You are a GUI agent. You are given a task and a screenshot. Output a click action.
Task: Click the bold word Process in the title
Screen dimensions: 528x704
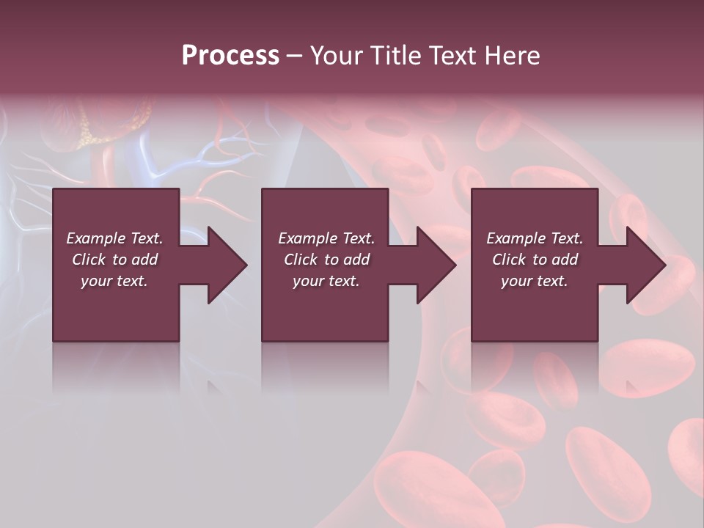coord(230,56)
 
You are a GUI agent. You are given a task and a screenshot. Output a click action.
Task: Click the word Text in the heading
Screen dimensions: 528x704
coord(452,56)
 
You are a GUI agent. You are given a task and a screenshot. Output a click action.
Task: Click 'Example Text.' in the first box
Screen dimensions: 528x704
coord(114,238)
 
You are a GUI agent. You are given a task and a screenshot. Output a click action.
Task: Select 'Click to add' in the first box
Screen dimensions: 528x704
coord(114,260)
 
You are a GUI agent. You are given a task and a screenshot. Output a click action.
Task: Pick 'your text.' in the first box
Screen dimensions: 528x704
coord(114,281)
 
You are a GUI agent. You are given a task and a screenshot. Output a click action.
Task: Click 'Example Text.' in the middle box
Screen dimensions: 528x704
coord(326,238)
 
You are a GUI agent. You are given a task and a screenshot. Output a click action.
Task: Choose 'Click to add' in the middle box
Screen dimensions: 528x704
coord(326,260)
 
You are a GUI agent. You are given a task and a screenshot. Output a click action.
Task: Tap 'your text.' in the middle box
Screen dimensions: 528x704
coord(326,281)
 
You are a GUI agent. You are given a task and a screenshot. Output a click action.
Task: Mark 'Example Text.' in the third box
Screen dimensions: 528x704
coord(535,238)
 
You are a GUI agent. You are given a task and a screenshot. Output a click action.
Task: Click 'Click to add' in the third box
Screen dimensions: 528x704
coord(535,260)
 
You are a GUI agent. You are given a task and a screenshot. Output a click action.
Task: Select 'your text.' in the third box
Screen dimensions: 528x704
coord(535,281)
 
